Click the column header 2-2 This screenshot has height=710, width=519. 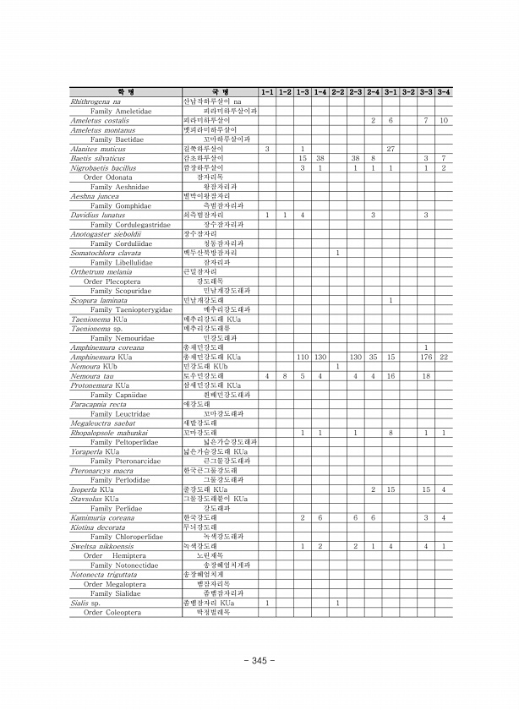337,91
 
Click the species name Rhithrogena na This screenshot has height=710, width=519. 96,101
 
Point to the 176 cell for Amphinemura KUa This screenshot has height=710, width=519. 426,358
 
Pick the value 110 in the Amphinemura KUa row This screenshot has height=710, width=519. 303,358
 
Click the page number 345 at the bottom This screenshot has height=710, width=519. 259,660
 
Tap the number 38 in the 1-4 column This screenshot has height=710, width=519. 320,158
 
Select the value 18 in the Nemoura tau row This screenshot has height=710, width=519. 426,376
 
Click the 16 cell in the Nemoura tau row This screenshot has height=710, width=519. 391,376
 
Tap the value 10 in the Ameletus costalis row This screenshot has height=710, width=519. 444,120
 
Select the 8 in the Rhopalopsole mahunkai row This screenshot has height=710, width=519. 391,433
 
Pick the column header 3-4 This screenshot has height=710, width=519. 444,91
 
